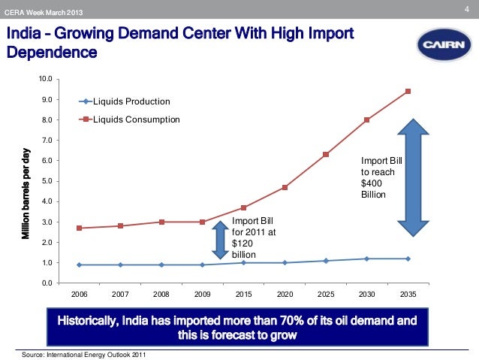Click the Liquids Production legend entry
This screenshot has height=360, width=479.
click(x=126, y=101)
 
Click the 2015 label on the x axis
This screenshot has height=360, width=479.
click(x=244, y=294)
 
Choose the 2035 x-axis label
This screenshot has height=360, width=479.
click(x=408, y=294)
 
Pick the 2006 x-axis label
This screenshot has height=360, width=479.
click(x=80, y=294)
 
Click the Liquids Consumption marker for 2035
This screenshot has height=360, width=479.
click(x=408, y=92)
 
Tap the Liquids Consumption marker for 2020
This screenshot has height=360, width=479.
click(x=285, y=187)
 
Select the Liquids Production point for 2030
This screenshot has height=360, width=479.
click(x=367, y=259)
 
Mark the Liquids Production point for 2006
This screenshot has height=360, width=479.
click(x=80, y=265)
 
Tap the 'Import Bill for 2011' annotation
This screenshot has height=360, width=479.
click(x=253, y=237)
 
